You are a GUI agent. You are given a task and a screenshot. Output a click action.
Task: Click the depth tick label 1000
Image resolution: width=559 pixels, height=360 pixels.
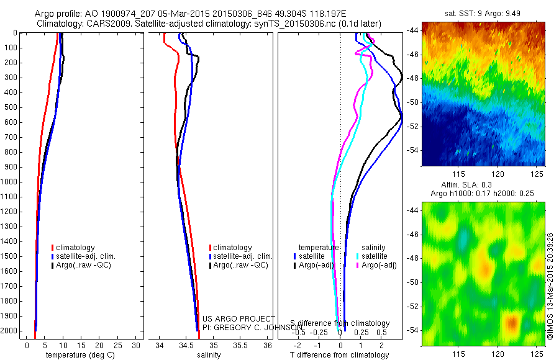tap(10, 182)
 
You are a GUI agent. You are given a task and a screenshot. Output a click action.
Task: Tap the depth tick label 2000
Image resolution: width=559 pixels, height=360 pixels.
tap(10, 331)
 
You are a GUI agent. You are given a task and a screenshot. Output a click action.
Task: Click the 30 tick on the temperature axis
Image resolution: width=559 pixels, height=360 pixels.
tap(136, 344)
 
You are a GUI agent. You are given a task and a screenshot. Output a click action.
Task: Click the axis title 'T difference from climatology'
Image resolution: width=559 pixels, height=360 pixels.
tap(340, 355)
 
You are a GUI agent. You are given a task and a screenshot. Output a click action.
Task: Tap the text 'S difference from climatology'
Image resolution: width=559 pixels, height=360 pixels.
tap(340, 323)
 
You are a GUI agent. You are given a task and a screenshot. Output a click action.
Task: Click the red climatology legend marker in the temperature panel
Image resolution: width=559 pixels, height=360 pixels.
tap(53, 248)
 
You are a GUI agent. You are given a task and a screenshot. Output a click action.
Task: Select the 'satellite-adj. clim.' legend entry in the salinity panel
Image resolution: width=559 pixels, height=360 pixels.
tap(242, 256)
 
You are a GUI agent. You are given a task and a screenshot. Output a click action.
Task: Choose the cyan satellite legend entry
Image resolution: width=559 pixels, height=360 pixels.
tap(374, 256)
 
